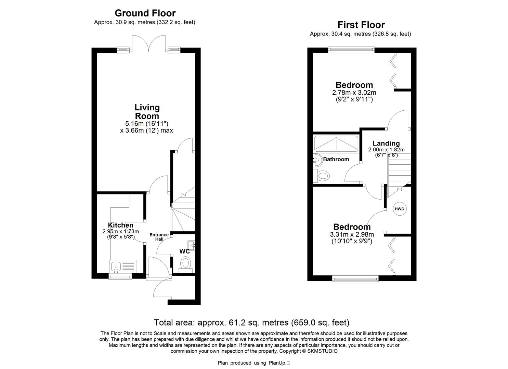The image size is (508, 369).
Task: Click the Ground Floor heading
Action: pyautogui.click(x=145, y=13)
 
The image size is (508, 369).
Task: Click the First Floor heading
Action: pyautogui.click(x=361, y=25)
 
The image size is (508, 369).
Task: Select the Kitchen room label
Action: pyautogui.click(x=120, y=225)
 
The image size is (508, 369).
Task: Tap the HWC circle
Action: pyautogui.click(x=399, y=209)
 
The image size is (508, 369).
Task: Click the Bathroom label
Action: pyautogui.click(x=336, y=159)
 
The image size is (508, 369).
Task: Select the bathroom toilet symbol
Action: pyautogui.click(x=323, y=176)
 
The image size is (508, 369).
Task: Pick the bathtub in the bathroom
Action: pyautogui.click(x=336, y=144)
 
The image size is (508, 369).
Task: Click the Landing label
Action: pyautogui.click(x=386, y=143)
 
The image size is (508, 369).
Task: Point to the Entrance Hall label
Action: pyautogui.click(x=159, y=237)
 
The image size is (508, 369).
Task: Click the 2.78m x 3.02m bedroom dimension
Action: pyautogui.click(x=354, y=93)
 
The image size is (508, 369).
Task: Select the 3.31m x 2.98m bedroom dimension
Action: pyautogui.click(x=352, y=234)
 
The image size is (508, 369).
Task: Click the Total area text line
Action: pyautogui.click(x=251, y=322)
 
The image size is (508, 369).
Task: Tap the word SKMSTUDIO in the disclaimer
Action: pyautogui.click(x=322, y=351)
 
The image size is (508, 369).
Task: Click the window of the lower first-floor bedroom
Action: pyautogui.click(x=355, y=279)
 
